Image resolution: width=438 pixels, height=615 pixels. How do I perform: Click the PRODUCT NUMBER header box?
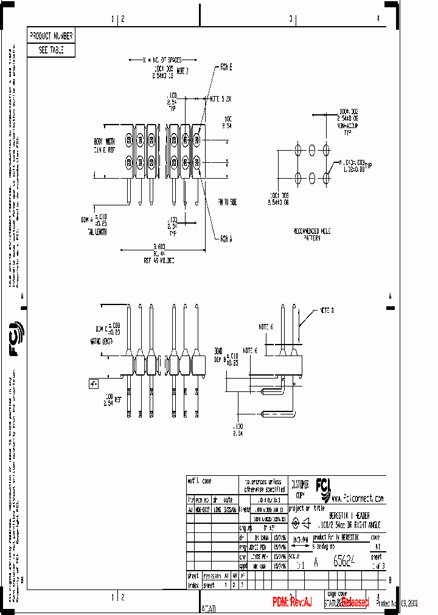[x=51, y=36]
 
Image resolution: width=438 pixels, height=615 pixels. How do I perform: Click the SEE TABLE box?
[x=51, y=50]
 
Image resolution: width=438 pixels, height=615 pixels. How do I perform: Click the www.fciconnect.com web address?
[x=358, y=498]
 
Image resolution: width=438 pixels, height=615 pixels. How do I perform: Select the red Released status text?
[x=354, y=602]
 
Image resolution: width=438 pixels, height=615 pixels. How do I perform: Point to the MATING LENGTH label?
[x=102, y=342]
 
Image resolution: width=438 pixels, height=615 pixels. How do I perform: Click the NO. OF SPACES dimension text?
[x=162, y=60]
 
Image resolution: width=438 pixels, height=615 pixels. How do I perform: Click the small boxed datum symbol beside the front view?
[x=94, y=383]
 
